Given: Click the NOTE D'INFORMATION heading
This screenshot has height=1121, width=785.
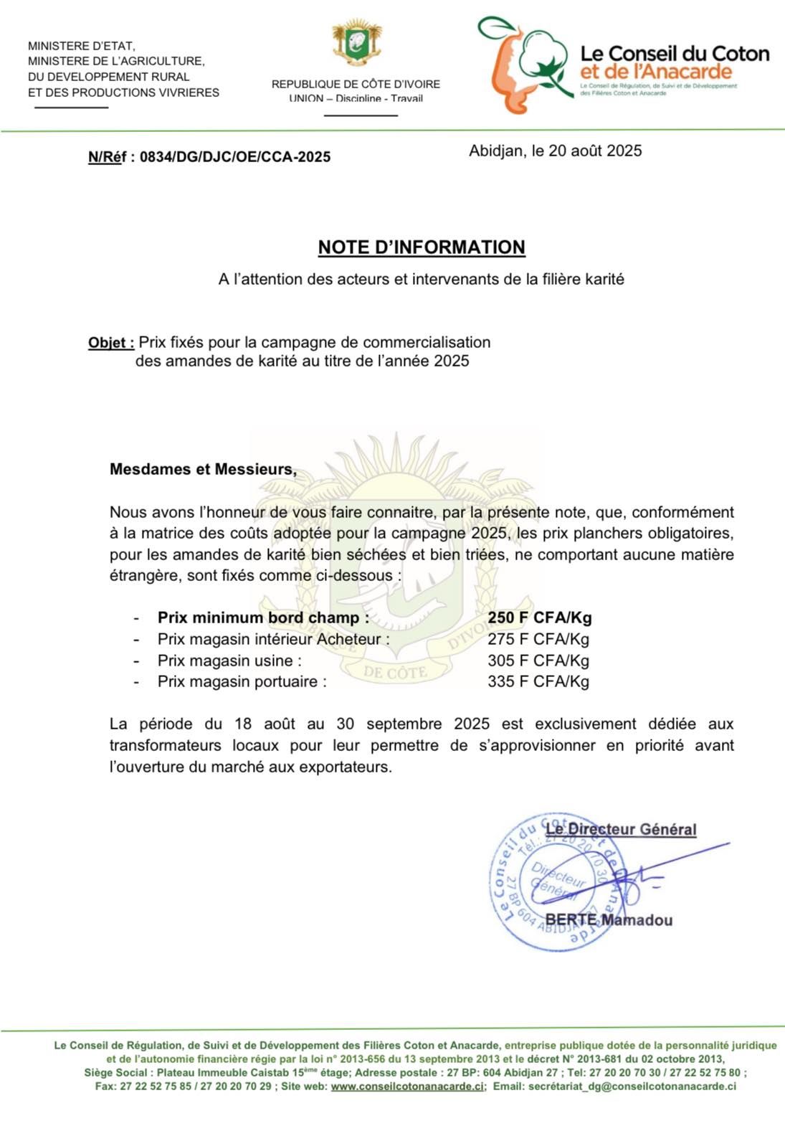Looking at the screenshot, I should coord(422,247).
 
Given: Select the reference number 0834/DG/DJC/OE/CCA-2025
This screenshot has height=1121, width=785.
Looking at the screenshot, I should coord(235,157).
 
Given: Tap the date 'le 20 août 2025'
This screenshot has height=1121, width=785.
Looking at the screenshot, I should coord(586,151).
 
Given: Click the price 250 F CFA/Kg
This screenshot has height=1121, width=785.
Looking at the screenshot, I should coord(539,618).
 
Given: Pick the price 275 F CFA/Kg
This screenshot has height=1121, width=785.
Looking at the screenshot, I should coord(538,639).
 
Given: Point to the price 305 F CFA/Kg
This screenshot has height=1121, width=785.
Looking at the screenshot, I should coord(538,661).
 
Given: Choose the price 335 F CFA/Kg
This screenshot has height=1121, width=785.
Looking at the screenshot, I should coord(538,681).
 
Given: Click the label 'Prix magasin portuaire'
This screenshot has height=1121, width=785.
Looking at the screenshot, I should coord(242,681).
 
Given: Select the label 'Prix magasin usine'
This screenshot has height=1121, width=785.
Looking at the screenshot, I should coord(229,661).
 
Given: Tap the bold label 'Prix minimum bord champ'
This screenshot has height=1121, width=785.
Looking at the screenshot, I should coord(263,618).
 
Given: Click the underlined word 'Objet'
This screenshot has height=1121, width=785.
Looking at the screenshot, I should coord(110,343).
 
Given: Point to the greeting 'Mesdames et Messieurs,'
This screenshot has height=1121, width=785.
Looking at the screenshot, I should coord(203,470).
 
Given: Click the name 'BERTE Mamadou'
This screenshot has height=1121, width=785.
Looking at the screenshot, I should coord(609,920).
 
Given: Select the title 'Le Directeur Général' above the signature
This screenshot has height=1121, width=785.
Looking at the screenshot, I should coord(621,830).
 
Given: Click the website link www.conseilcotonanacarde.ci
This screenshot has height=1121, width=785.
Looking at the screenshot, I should coord(407,1087).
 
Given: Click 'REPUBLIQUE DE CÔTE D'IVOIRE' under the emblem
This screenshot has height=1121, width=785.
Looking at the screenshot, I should coord(356,84).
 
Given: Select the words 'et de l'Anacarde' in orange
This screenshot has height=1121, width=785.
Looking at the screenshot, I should coord(655,72).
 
